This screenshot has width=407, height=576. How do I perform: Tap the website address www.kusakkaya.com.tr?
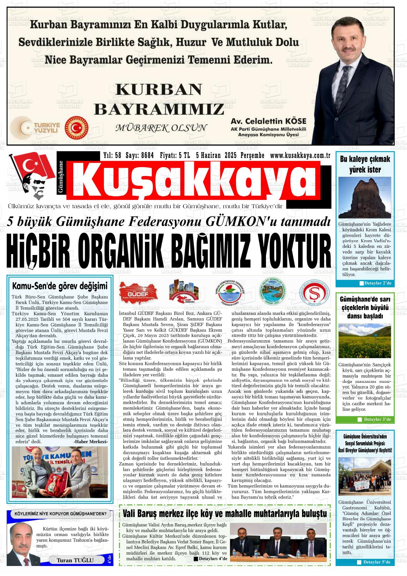[x=300, y=155]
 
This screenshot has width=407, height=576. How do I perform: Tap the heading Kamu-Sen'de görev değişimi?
[x=60, y=286]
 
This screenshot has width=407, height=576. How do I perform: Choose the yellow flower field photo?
[x=365, y=341]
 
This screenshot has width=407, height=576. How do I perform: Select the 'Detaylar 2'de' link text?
[x=375, y=284]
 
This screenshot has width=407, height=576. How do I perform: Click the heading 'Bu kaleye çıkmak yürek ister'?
[x=365, y=164]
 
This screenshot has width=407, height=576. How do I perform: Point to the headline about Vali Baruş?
[x=224, y=514]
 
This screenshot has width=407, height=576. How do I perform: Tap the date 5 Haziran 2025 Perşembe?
[x=230, y=155]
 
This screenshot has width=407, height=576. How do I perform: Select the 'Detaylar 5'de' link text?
[x=375, y=562]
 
